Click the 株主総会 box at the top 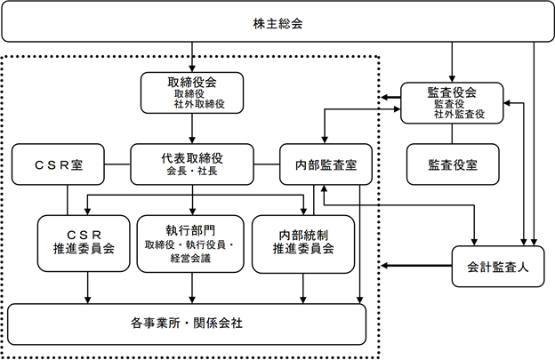277,21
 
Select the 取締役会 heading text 192,83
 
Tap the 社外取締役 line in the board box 199,104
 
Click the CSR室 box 58,164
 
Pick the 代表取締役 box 192,164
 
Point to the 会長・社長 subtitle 192,172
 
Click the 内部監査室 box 326,164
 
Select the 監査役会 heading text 452,92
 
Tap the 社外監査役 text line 459,115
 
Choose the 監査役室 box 453,164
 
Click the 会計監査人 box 498,267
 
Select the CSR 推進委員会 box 84,244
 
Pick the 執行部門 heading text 190,230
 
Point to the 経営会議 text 190,259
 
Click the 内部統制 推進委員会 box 303,244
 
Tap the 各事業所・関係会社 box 187,324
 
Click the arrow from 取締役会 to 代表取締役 192,128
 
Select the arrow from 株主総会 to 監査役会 452,62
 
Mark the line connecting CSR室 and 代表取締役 117,164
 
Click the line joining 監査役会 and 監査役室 452,133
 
